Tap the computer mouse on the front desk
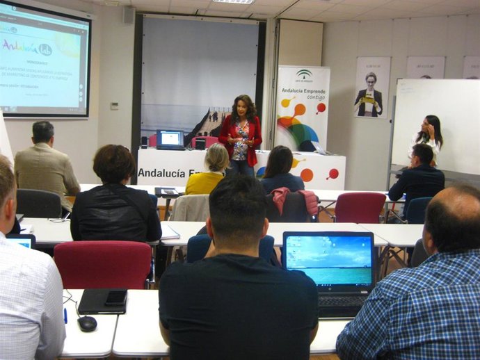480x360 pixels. point(87,323)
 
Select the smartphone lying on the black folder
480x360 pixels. point(115,298)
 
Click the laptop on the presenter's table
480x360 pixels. point(170,140)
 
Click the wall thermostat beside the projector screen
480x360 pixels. point(114,106)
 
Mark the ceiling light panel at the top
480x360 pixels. point(233,1)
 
